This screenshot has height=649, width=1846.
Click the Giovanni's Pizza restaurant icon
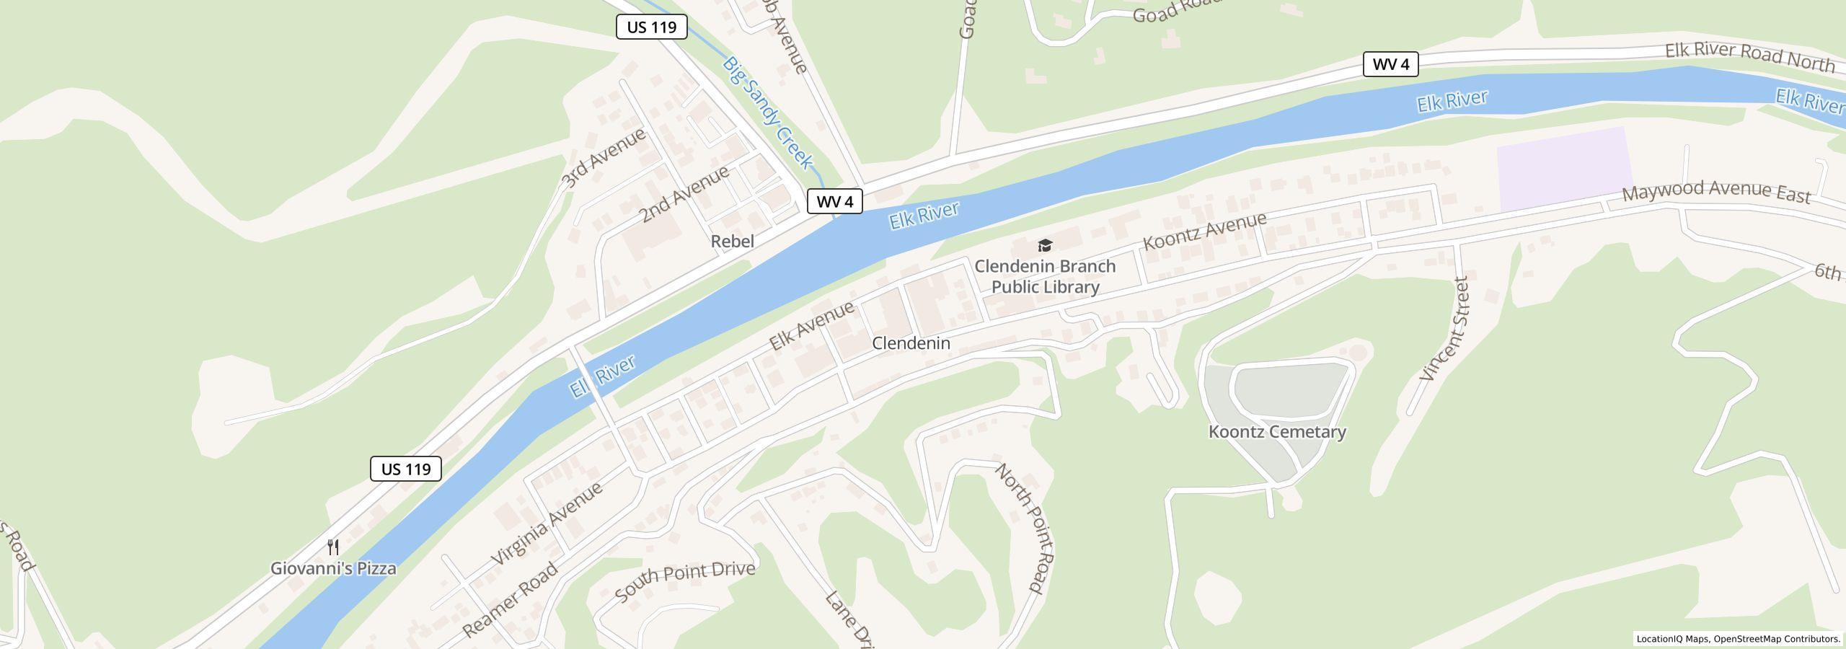(333, 547)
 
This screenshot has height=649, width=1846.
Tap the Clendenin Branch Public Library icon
(1045, 246)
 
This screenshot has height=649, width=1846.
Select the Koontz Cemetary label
(1277, 432)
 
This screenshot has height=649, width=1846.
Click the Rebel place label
(733, 242)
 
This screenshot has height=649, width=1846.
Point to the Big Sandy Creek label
(769, 113)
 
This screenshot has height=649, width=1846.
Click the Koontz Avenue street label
(1204, 231)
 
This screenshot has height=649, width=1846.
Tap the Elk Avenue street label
(812, 325)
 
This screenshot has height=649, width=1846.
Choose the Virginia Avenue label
(547, 524)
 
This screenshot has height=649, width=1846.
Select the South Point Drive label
(685, 581)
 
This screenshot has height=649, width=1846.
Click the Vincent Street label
(1444, 329)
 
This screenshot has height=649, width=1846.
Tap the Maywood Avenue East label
(1716, 192)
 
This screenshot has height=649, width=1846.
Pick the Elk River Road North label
(1749, 57)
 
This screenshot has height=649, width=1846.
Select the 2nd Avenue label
(684, 194)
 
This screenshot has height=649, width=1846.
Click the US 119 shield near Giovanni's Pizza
(406, 469)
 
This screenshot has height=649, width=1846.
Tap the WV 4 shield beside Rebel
(834, 201)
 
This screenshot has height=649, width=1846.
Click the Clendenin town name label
(911, 343)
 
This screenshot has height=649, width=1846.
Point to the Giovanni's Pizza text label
(333, 568)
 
